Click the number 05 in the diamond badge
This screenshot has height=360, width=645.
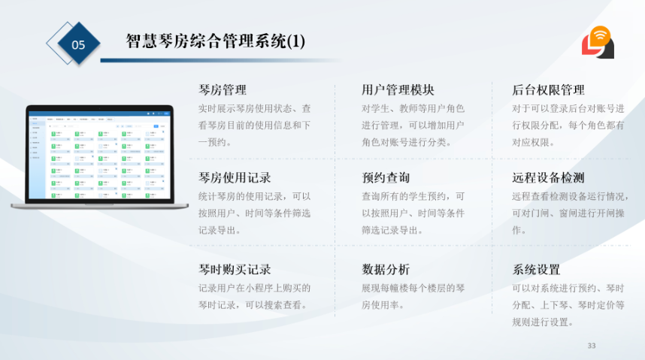(x=78, y=44)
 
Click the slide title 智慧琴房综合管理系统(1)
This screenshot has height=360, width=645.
(x=216, y=41)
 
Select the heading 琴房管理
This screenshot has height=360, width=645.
(x=223, y=90)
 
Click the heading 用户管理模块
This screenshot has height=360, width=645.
(x=398, y=90)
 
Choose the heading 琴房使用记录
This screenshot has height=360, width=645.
(x=235, y=178)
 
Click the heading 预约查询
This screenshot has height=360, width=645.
(x=386, y=178)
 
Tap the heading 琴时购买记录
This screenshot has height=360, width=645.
(x=235, y=269)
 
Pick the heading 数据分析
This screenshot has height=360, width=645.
(x=386, y=269)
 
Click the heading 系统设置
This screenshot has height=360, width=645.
(x=536, y=269)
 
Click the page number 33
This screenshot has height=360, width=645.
(x=591, y=346)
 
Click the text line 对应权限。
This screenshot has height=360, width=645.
(x=534, y=142)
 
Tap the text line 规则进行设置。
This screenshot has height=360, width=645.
(x=543, y=322)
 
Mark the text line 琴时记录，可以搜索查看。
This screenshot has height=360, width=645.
(x=254, y=305)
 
